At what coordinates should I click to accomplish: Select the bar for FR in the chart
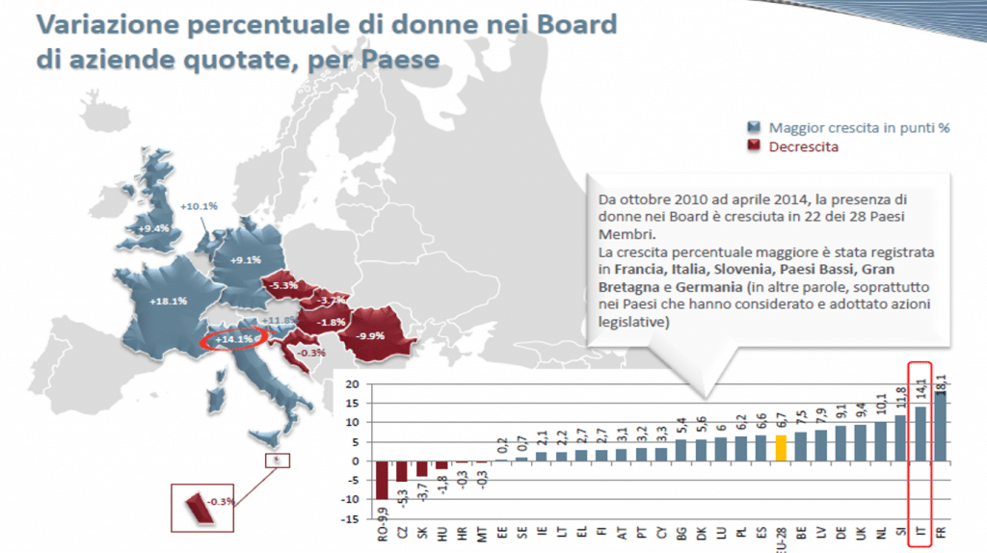coord(939,426)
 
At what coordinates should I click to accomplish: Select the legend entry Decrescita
coord(803,146)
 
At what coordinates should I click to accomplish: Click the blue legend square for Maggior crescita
coord(755,127)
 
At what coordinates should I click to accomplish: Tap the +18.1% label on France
coord(167,301)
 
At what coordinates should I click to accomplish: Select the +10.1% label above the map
coord(200,206)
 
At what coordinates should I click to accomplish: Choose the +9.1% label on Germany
coord(247,259)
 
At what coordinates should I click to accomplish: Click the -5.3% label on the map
coord(283,286)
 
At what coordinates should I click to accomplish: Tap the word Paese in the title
coord(397,59)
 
